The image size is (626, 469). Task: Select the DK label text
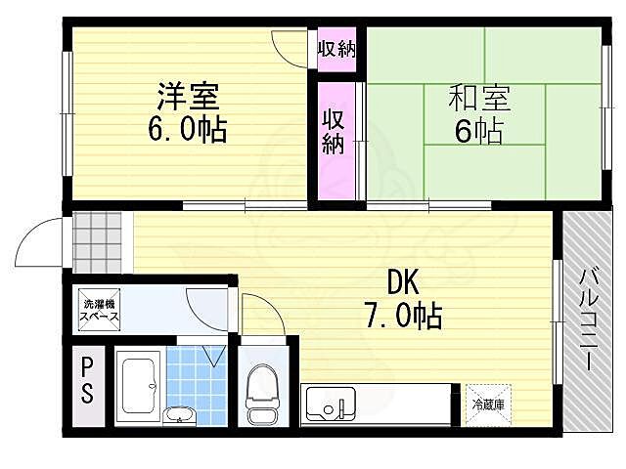click(403, 282)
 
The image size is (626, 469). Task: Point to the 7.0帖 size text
click(404, 315)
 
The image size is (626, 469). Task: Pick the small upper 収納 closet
click(337, 49)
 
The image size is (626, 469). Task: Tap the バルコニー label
click(590, 318)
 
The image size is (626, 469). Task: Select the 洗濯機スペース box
click(99, 310)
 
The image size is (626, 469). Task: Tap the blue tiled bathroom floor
click(197, 381)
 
